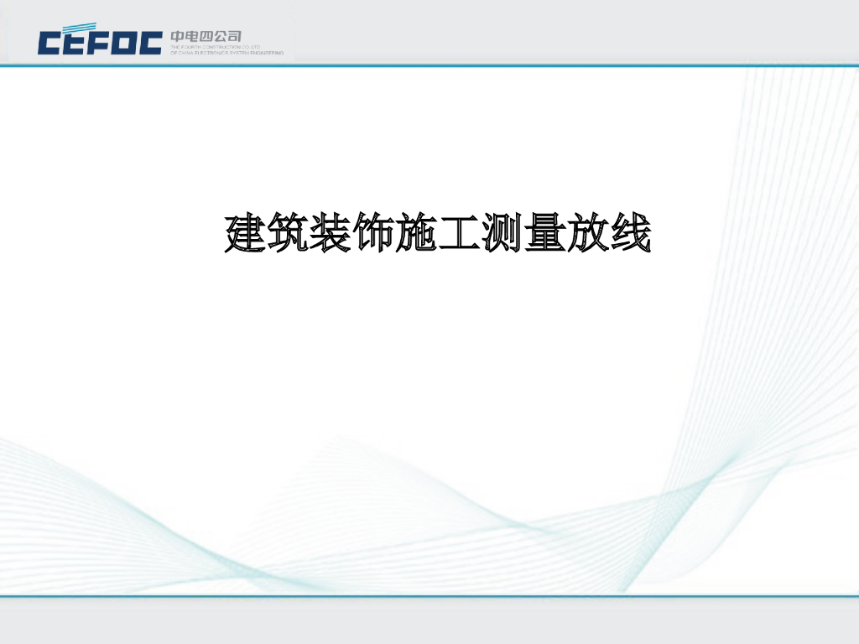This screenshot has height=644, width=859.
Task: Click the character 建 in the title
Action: tap(247, 235)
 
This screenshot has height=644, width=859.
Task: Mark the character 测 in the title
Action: tap(502, 235)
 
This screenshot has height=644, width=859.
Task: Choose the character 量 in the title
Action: tap(544, 235)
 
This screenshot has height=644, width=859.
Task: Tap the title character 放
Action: tap(587, 235)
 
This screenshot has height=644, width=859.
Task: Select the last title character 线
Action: tap(630, 235)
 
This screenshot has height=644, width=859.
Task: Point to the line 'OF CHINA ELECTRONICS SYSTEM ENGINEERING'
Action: tap(226, 53)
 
